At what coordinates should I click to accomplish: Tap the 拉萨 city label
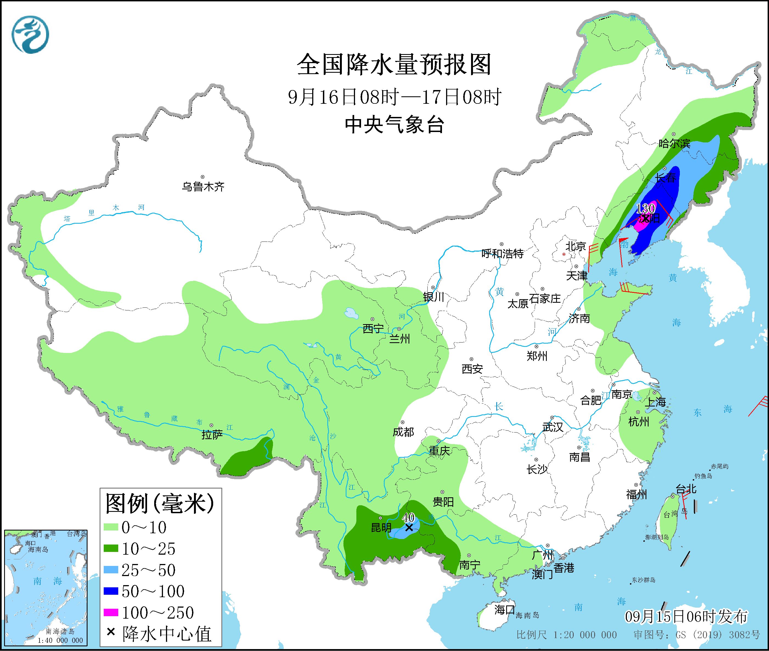click(212, 435)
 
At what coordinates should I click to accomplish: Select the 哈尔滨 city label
click(674, 144)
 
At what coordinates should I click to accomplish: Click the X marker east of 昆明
click(409, 527)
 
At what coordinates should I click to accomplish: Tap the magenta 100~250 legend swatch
click(111, 613)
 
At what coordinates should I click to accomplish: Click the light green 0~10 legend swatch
click(111, 527)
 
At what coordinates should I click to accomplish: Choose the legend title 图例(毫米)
click(160, 504)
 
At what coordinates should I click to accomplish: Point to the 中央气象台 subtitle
click(394, 125)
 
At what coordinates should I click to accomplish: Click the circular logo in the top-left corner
click(30, 34)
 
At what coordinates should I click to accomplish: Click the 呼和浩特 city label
click(502, 254)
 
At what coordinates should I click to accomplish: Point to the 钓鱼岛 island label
click(703, 476)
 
